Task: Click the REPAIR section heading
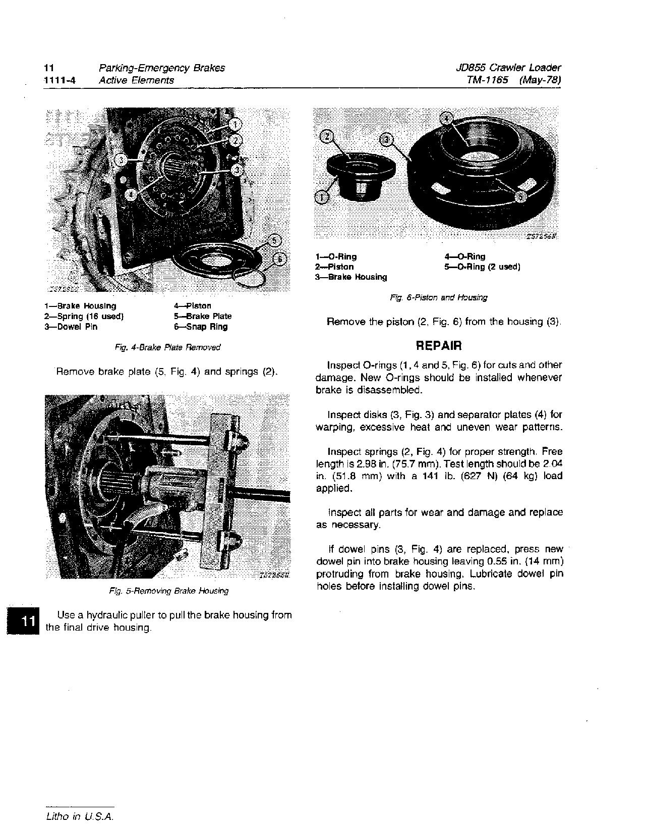pos(438,346)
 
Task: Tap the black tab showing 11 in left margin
pos(23,621)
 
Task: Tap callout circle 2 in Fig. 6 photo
pos(326,136)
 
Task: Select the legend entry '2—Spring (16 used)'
pos(84,317)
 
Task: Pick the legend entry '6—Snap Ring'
pos(201,327)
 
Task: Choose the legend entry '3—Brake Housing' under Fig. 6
pos(351,277)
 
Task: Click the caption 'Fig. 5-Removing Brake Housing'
pos(168,590)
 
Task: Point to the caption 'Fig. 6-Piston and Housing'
pos(438,298)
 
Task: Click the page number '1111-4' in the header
pos(60,80)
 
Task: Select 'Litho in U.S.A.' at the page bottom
pos(79,817)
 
